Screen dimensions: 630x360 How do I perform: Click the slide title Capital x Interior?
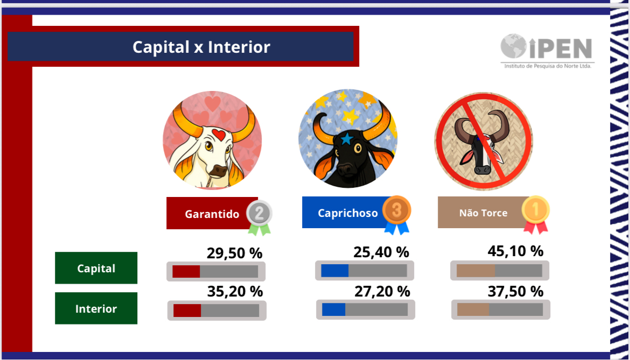click(x=201, y=47)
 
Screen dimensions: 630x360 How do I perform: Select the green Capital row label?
click(x=96, y=267)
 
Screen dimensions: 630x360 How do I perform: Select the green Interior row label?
click(x=96, y=308)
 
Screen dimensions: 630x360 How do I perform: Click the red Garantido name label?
click(x=212, y=213)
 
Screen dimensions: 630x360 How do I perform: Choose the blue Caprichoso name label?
click(x=347, y=213)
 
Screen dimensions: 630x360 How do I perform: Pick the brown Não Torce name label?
click(x=484, y=213)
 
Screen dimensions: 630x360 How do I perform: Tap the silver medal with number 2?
click(x=259, y=217)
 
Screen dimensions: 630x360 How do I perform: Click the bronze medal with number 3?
click(x=396, y=214)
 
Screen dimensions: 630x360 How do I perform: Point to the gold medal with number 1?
click(x=536, y=214)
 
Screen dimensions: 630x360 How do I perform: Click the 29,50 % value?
click(x=235, y=253)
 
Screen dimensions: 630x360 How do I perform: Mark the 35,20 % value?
click(x=235, y=291)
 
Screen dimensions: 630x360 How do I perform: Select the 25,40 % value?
click(x=381, y=252)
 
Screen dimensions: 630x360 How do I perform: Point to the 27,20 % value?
click(x=382, y=291)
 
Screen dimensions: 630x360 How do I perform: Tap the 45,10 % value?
click(x=515, y=251)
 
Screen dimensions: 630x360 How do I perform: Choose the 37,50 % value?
click(x=515, y=291)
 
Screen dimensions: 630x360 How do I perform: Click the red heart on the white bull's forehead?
click(x=219, y=135)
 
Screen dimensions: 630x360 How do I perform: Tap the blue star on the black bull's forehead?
click(x=347, y=139)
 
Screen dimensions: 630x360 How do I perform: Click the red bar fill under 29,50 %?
click(x=186, y=271)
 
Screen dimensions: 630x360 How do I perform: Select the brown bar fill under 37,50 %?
click(x=473, y=309)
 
